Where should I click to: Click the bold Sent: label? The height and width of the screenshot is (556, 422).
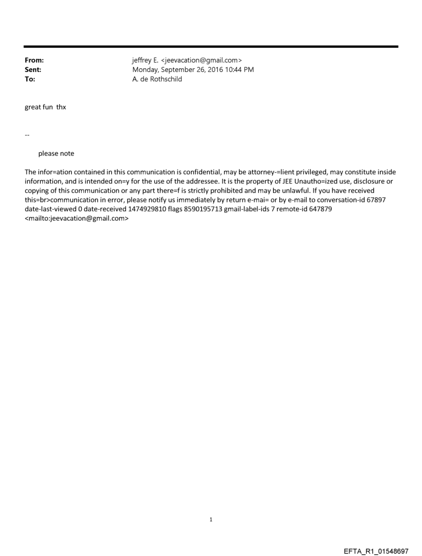coord(33,70)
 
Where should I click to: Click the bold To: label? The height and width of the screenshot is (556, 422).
coord(30,79)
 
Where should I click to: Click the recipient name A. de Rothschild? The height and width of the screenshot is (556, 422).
coord(157,79)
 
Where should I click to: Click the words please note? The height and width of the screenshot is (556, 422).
coord(56,153)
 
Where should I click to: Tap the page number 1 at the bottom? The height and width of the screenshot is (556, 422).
coord(211,519)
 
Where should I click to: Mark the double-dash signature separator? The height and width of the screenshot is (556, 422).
coord(27,135)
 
